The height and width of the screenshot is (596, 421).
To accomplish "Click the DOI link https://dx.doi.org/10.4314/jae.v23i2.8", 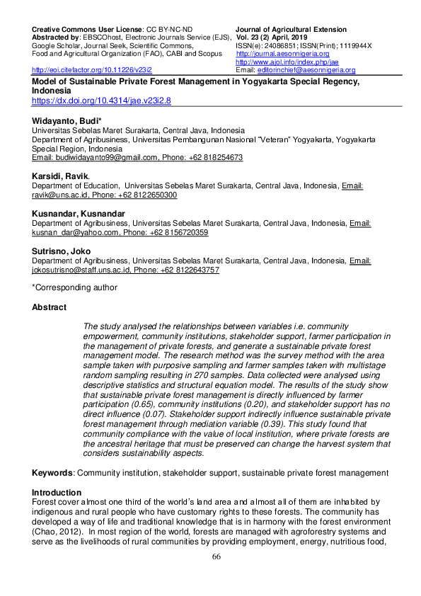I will (101, 101).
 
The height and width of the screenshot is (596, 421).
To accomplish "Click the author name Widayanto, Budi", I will (67, 122).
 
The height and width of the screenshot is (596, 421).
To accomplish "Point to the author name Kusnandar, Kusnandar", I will (77, 212).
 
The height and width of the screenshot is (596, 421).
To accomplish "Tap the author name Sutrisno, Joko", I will (62, 251).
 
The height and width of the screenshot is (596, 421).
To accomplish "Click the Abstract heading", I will (50, 308).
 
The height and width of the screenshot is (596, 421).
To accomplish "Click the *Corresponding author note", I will (74, 287).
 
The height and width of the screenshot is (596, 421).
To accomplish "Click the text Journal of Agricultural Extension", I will (291, 30).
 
